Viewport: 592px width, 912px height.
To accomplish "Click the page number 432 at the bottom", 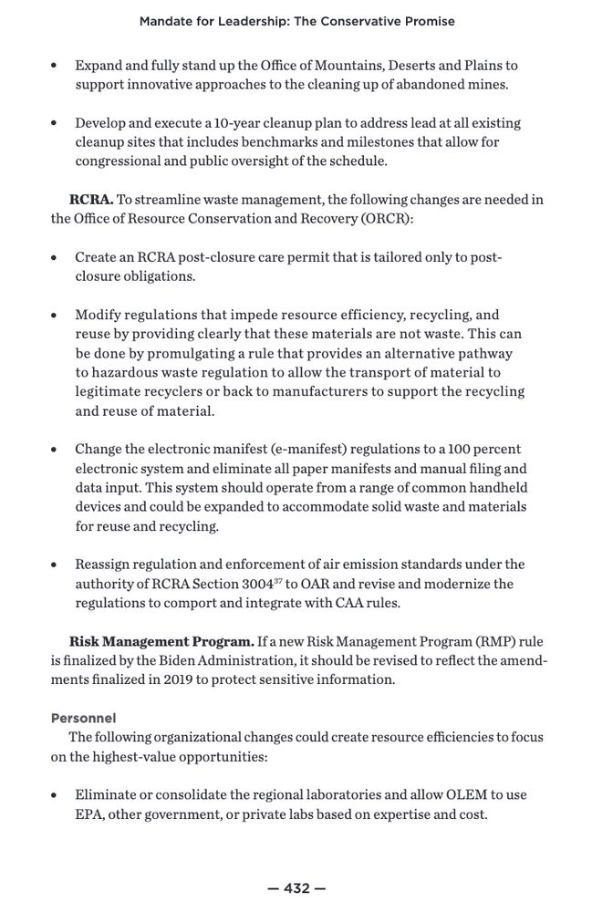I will click(297, 887).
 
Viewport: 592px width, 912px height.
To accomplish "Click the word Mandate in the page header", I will click(168, 21).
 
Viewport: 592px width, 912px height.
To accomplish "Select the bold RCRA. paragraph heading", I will click(91, 200).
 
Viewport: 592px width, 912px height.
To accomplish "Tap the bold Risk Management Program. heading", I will click(161, 640).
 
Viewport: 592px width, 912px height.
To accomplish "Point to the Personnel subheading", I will click(83, 718).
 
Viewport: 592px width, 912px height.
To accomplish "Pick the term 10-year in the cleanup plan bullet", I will click(247, 123).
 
